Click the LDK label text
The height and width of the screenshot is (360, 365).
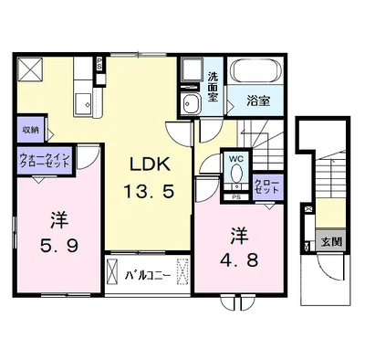(150, 164)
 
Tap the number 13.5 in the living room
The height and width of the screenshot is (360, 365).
(149, 192)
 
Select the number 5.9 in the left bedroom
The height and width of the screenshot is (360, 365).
(59, 245)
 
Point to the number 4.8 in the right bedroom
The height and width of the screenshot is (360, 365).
(239, 259)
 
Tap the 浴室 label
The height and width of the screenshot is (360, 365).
(258, 101)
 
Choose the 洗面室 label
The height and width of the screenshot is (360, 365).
(213, 87)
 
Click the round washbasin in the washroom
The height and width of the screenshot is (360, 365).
(190, 103)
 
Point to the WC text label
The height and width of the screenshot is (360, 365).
(236, 158)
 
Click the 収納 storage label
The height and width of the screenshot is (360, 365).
(31, 130)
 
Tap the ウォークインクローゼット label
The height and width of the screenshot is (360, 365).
(45, 160)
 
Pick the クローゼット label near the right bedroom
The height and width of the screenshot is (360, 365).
(266, 186)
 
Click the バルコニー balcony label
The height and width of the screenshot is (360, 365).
(148, 276)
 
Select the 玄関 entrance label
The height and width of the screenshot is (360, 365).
(331, 242)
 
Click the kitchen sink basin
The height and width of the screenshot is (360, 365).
(83, 103)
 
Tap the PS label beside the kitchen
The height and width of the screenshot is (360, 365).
(99, 65)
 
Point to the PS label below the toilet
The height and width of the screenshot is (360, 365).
(236, 197)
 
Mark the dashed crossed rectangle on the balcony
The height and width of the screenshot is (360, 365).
(182, 271)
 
